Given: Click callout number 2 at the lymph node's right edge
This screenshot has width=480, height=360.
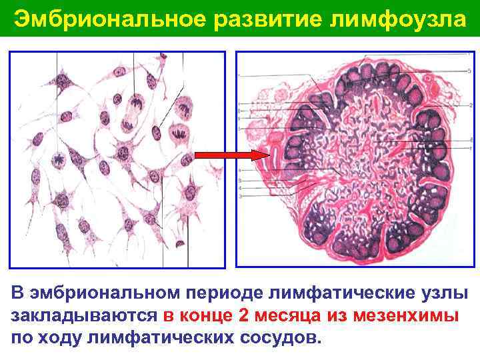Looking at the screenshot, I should click(471, 105).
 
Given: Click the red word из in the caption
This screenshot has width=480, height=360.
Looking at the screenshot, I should click(339, 315).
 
